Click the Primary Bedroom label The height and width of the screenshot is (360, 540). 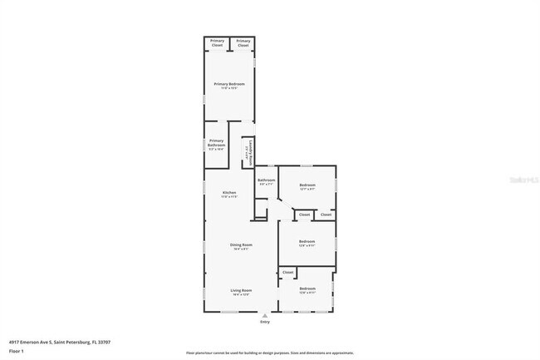228,85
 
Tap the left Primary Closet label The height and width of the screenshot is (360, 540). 217,42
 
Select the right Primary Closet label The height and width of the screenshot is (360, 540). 243,42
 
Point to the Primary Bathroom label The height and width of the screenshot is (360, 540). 217,145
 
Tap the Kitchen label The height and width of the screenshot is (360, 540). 228,195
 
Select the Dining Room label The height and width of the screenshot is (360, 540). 241,245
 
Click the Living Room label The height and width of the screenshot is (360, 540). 241,291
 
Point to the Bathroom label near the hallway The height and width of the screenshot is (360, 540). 266,182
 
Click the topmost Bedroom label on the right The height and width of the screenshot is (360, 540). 307,186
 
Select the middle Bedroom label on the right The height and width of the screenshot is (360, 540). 307,243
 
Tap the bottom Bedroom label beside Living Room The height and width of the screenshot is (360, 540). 307,290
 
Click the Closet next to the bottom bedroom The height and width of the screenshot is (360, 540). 287,273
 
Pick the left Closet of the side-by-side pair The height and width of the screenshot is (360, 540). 304,215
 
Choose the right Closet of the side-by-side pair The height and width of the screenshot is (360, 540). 326,215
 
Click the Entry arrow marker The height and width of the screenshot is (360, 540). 265,317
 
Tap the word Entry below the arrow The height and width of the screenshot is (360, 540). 265,324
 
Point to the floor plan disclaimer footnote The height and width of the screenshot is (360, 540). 269,353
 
